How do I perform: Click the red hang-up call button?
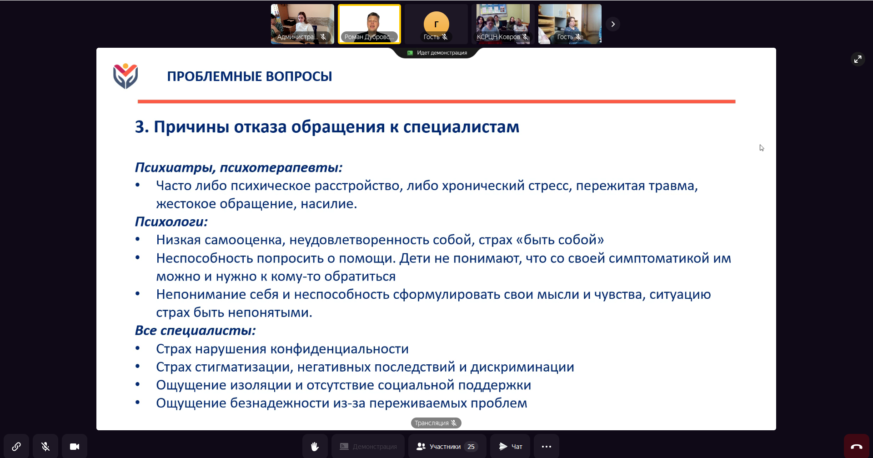[857, 446]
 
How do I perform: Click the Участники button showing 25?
[447, 446]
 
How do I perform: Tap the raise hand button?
[315, 446]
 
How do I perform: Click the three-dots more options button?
[546, 446]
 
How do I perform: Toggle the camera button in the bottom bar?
[75, 446]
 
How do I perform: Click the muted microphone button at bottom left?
[45, 446]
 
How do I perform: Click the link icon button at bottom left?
[16, 446]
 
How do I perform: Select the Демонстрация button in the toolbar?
[368, 446]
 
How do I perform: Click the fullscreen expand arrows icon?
[858, 59]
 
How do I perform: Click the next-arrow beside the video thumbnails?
[613, 24]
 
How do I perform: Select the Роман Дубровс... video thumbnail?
[369, 24]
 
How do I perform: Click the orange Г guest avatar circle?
[436, 23]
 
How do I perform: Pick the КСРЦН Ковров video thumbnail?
[503, 24]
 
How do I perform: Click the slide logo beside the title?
[125, 76]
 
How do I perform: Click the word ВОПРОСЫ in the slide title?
[299, 76]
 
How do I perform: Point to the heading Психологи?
[171, 222]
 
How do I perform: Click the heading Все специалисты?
[196, 331]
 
